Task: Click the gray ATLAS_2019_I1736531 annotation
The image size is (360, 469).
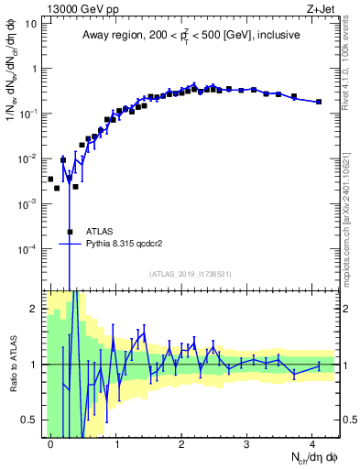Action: [191, 275]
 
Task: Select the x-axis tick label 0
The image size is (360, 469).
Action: [50, 442]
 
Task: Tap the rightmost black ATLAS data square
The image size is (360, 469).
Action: [319, 102]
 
